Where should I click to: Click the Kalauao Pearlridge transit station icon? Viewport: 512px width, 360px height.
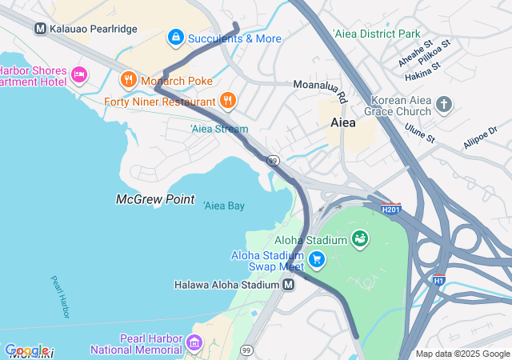(x=40, y=29)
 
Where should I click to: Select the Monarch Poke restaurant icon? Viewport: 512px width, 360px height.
(x=127, y=81)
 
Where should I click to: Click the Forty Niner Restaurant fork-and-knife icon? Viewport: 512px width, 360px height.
(x=228, y=101)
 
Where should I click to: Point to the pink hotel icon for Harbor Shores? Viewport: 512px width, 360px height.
(x=78, y=75)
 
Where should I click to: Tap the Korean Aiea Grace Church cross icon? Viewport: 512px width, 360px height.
(x=444, y=105)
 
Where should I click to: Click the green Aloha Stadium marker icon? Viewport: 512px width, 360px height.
(x=359, y=239)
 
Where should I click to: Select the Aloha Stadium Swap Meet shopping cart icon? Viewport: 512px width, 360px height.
(x=317, y=259)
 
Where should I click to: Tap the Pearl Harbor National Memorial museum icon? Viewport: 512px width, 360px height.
(x=194, y=344)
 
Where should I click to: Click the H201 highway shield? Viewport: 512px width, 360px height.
(x=391, y=210)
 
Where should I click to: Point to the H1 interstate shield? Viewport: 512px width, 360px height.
(x=438, y=279)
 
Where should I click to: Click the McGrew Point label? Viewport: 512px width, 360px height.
(x=155, y=199)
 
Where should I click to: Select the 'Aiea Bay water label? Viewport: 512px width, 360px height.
(x=224, y=206)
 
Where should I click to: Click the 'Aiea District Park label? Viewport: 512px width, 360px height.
(x=376, y=34)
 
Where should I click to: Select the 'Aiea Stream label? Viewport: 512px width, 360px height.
(x=219, y=129)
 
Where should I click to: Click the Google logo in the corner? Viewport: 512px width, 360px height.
(x=26, y=350)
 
